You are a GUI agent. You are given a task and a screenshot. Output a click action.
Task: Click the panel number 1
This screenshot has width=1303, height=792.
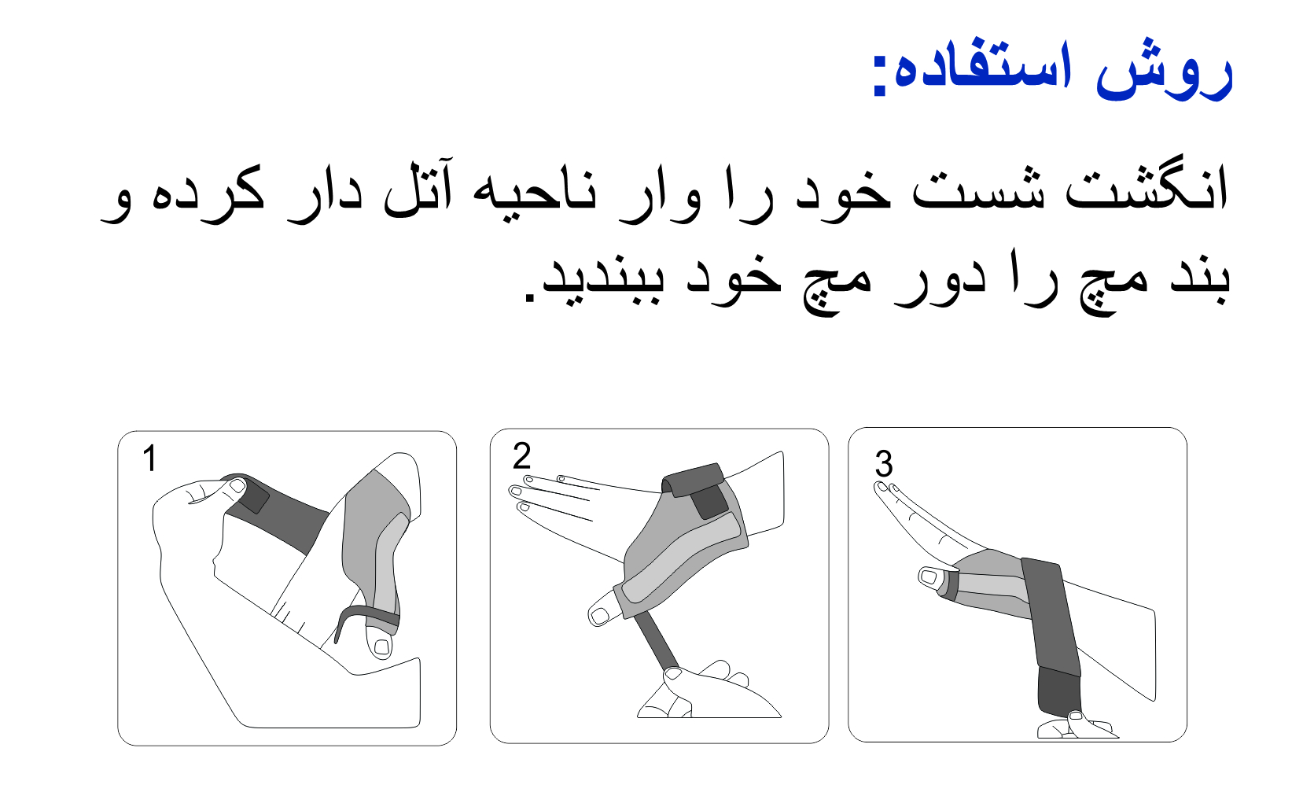pos(149,458)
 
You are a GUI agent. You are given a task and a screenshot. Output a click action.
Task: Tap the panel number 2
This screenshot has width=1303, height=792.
pos(522,455)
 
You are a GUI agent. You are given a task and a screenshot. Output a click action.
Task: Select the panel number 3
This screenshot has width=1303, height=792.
pos(884,464)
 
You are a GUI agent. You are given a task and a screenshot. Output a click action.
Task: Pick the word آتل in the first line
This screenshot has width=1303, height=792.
pos(417,186)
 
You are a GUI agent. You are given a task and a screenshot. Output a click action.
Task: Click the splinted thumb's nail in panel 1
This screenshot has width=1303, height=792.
pos(381,646)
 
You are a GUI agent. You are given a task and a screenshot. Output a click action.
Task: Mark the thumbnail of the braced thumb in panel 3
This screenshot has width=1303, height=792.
pos(929,577)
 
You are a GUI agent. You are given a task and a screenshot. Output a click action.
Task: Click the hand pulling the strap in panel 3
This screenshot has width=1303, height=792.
pos(1077,725)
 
